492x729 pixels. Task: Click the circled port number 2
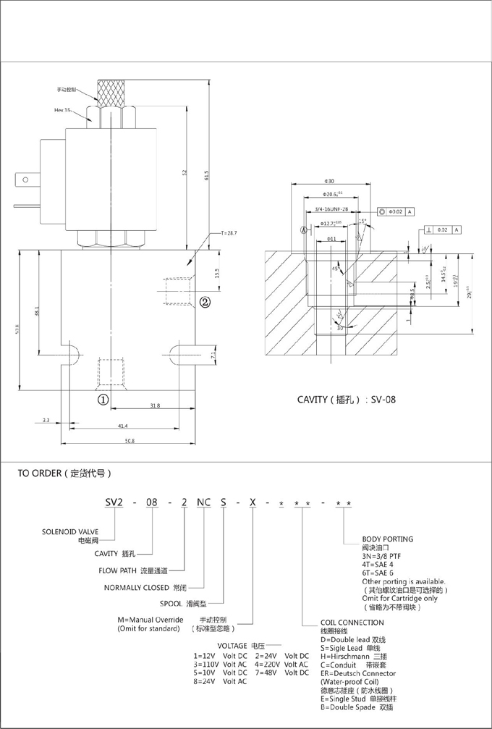point(205,302)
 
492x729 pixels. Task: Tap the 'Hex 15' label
point(63,110)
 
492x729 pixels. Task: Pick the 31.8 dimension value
point(155,406)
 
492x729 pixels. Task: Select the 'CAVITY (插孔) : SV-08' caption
point(347,399)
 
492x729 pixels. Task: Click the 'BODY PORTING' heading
point(387,539)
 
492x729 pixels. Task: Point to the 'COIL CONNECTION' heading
point(352,623)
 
